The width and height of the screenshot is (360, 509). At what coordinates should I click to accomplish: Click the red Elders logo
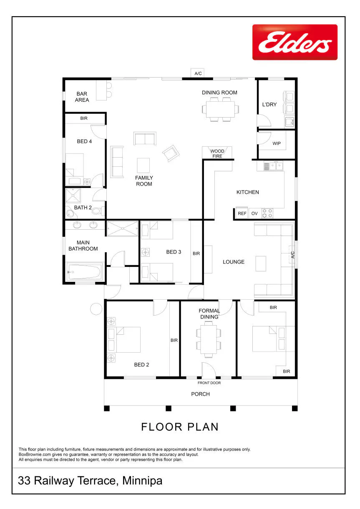(295, 42)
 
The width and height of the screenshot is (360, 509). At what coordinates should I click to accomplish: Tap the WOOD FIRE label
(217, 153)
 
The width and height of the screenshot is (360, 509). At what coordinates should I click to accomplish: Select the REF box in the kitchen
(242, 213)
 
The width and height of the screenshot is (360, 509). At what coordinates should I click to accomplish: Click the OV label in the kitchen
(254, 213)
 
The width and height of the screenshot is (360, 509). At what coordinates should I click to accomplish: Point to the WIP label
(276, 143)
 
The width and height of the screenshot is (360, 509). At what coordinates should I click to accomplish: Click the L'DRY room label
(269, 105)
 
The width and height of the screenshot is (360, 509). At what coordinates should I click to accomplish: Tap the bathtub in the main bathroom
(84, 272)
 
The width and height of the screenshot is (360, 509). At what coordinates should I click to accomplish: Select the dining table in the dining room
(220, 109)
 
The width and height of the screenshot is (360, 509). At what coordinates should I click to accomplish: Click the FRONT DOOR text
(209, 383)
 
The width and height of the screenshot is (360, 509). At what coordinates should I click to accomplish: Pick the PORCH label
(200, 394)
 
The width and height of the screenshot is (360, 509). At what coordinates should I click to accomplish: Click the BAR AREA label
(82, 97)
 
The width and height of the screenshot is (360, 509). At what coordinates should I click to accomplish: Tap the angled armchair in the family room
(171, 153)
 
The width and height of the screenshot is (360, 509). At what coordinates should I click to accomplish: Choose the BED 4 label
(84, 141)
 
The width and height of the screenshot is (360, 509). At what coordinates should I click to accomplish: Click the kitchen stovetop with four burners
(267, 213)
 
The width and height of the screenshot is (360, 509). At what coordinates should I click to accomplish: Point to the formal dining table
(209, 341)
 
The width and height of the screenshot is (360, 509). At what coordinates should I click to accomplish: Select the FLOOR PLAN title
(180, 427)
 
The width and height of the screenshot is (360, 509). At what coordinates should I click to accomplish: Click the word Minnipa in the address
(142, 481)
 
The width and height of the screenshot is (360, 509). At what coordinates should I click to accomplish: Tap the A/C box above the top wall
(197, 73)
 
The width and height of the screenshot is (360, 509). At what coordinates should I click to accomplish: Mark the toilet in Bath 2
(98, 211)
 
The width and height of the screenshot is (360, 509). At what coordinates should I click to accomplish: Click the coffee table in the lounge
(261, 263)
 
